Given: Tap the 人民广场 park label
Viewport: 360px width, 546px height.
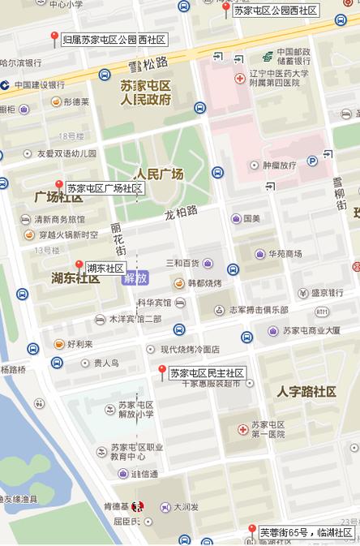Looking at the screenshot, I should coord(159,174).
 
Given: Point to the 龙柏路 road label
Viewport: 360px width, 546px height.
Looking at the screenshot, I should coord(181,212).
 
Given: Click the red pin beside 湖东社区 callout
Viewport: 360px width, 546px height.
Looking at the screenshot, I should coord(79,265).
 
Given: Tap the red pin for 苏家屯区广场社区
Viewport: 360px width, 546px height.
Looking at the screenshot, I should coord(58,186).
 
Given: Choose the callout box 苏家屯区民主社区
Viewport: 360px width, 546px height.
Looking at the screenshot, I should coord(207,372).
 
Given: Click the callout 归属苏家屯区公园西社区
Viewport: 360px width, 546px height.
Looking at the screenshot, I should coord(114,39).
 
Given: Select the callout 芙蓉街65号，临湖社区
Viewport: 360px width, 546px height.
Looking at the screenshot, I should coord(306,532).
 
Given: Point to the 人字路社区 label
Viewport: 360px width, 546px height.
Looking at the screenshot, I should coord(306,392).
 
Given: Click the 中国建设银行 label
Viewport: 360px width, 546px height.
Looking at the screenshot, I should coord(38,84).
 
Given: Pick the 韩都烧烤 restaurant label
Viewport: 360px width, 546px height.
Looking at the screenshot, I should coord(204,283).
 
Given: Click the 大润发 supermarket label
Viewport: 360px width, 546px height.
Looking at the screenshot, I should coord(186,507).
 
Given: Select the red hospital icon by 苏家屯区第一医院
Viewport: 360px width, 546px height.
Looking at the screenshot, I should coord(242,428).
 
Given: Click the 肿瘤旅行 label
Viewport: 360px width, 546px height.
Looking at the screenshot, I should coord(279,165).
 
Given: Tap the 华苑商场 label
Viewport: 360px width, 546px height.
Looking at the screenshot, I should coord(285,253).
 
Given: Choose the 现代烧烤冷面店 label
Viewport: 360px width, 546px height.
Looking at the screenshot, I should coord(190,349).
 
